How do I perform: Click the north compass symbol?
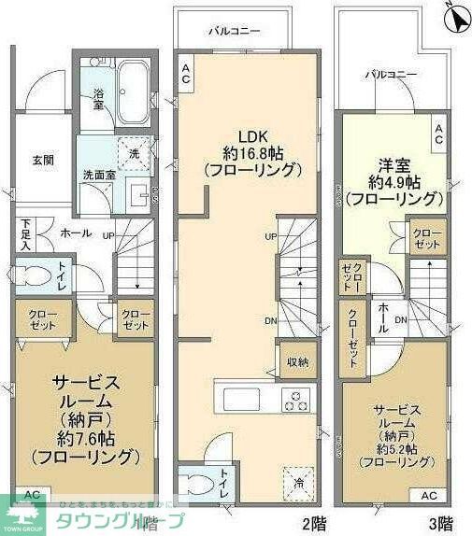(455, 17)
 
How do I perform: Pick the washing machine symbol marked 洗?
(135, 153)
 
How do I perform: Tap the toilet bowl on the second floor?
(199, 485)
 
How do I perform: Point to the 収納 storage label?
(297, 361)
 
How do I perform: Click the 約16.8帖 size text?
(252, 153)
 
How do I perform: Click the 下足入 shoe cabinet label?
(25, 235)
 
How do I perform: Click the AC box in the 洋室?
(437, 134)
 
